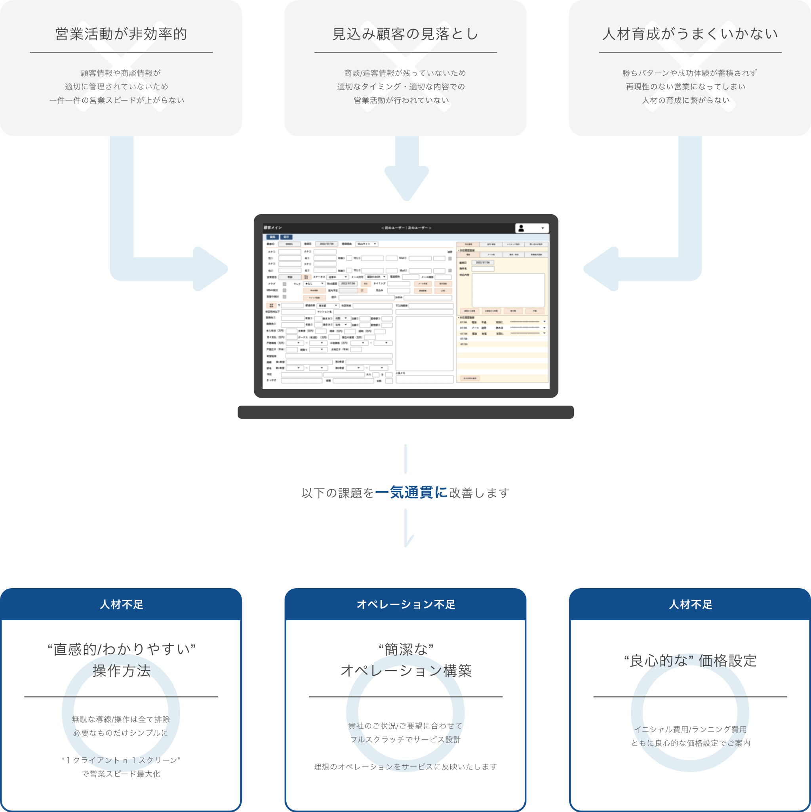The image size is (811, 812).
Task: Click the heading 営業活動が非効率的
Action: [121, 34]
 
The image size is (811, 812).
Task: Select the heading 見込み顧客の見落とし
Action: [405, 34]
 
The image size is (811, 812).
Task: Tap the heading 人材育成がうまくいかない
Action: [690, 34]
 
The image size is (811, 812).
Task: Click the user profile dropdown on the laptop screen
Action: [531, 228]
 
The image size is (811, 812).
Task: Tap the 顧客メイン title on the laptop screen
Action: [273, 228]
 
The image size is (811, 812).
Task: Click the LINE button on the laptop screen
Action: [443, 290]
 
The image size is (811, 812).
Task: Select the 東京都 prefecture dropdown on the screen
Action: [328, 305]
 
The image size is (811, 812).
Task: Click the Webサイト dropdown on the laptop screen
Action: [367, 244]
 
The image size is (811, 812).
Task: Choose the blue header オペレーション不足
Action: [405, 604]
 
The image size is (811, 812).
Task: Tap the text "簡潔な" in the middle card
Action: [405, 649]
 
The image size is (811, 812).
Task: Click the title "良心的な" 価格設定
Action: [690, 661]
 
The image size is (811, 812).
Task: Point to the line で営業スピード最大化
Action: [121, 774]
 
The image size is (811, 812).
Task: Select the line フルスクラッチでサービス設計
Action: [405, 739]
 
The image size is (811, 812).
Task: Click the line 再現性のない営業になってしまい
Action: [685, 87]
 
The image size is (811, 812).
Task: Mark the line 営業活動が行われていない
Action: [401, 100]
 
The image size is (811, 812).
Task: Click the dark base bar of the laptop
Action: [405, 412]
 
